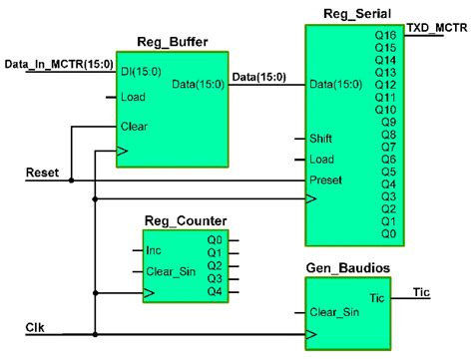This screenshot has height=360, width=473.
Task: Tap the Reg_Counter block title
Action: [x=184, y=220]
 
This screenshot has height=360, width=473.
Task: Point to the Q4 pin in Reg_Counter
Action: [x=215, y=292]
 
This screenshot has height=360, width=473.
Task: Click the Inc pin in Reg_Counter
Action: [x=154, y=249]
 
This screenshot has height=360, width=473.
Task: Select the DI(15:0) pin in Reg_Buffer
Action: [x=142, y=73]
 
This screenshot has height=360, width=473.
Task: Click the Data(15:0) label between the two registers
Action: [x=254, y=75]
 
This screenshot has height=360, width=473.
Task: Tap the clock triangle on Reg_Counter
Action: [x=149, y=293]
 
